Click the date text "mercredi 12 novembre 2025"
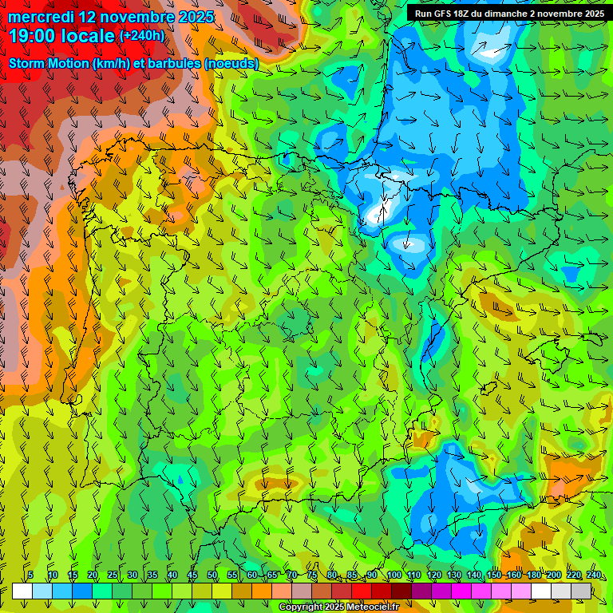[111, 17]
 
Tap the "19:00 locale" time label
[62, 36]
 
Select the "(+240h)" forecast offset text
[142, 36]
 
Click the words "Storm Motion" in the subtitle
[47, 63]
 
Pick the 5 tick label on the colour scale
[30, 575]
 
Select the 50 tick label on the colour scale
[212, 575]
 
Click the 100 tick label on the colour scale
[394, 575]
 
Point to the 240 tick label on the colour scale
[593, 575]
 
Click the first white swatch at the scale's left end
[22, 591]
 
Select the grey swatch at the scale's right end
[581, 591]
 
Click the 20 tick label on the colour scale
[93, 575]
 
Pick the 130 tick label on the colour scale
[453, 575]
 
